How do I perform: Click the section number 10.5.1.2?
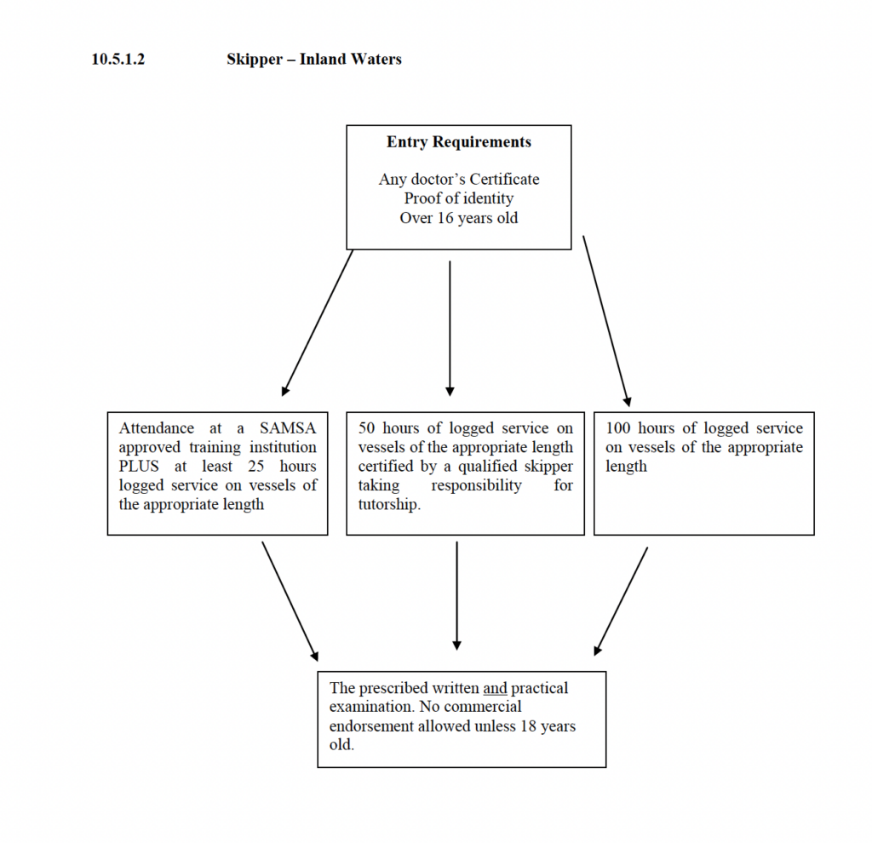pos(118,59)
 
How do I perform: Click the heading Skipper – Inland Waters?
pos(314,59)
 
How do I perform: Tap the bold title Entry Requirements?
pos(459,142)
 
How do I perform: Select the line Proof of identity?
pos(459,198)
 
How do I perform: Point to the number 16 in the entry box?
pos(445,217)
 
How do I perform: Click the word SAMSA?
pos(288,428)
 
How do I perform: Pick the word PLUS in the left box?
pos(139,466)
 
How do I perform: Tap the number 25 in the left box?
pos(255,466)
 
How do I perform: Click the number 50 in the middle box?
pos(366,428)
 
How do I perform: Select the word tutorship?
pos(389,504)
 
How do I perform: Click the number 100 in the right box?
pos(618,428)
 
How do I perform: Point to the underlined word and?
pos(495,688)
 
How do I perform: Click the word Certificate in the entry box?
pos(504,179)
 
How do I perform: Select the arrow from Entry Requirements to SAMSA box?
pos(318,323)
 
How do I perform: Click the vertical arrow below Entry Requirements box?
pos(450,328)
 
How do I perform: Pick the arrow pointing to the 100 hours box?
pos(606,321)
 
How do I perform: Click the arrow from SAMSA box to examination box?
pos(290,602)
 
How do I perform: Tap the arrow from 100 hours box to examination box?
pos(621,602)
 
